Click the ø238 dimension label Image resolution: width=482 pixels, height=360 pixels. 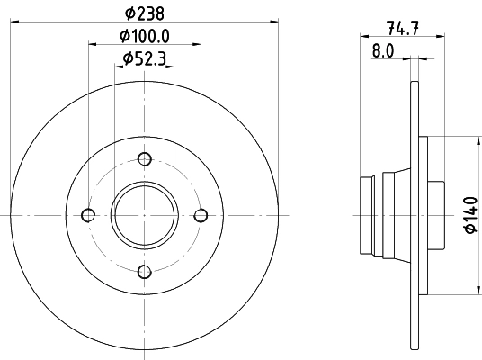click(144, 13)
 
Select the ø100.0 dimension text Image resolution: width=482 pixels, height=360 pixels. click(144, 38)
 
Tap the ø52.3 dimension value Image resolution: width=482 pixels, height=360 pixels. click(144, 61)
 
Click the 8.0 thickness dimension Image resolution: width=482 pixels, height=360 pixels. click(383, 51)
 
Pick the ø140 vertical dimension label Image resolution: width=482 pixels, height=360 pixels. click(469, 216)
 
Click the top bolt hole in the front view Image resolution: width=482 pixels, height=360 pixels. click(144, 159)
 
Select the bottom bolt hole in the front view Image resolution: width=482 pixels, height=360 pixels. click(144, 271)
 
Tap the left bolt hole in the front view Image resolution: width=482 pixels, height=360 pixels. click(88, 215)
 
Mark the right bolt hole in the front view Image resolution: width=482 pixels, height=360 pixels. click(200, 215)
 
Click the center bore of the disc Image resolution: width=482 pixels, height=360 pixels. click(144, 215)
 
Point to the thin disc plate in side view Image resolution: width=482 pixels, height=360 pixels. click(415, 215)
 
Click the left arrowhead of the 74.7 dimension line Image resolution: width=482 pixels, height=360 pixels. click(363, 36)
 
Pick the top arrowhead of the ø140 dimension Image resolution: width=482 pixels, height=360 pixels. click(476, 140)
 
